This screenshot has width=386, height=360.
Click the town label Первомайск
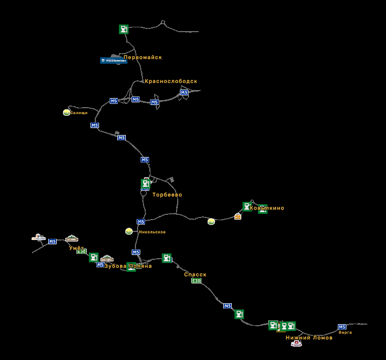tap(142, 57)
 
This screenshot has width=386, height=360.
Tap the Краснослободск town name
tap(171, 81)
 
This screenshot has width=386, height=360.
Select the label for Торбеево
tap(167, 195)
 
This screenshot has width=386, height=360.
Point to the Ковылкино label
tap(267, 208)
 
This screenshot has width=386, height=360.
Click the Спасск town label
tap(195, 275)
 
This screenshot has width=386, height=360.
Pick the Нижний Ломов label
tap(309, 338)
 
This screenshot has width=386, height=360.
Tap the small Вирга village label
tap(345, 333)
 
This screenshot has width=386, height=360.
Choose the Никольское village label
tap(152, 232)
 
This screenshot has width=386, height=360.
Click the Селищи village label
tap(79, 113)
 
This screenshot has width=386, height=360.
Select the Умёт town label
tap(77, 248)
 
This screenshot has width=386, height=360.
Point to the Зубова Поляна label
tap(128, 266)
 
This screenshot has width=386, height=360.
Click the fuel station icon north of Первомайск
tap(124, 29)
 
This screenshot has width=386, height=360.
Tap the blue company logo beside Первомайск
tap(113, 61)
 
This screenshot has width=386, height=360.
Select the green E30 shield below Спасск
tap(196, 281)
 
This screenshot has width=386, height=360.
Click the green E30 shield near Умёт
tap(81, 251)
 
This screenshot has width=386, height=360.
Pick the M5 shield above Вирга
tap(342, 327)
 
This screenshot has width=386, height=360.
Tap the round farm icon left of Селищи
tap(66, 112)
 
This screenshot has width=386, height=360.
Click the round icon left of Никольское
tap(128, 231)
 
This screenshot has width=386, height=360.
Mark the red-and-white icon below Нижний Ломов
tap(296, 343)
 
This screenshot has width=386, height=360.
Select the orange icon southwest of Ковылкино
tap(238, 217)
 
